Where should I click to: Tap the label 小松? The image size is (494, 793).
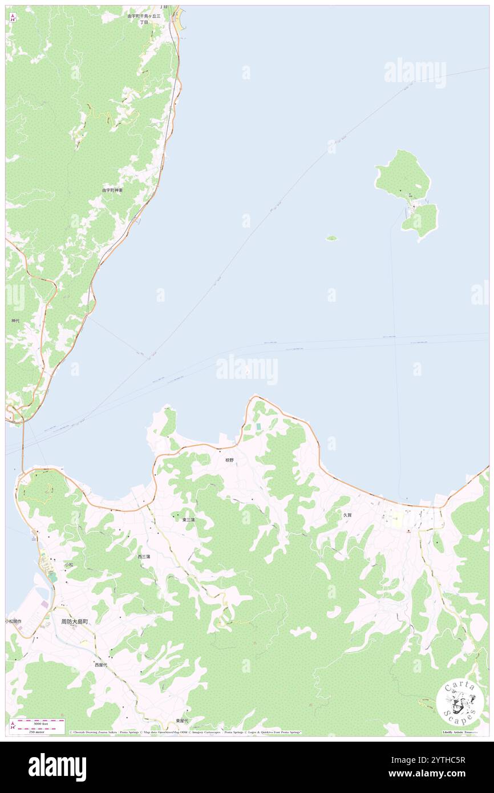[x=68, y=564]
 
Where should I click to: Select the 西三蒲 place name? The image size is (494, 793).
[x=144, y=556]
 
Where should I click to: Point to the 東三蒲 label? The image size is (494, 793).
[x=189, y=520]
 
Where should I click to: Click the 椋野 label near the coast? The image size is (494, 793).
[x=229, y=460]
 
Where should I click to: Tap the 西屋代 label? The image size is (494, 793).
[x=101, y=665]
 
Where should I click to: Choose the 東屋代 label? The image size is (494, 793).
[x=181, y=721]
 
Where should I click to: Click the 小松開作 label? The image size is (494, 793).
[x=14, y=621]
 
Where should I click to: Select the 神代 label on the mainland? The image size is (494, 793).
[x=15, y=321]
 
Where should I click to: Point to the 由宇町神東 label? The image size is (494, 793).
[x=112, y=190]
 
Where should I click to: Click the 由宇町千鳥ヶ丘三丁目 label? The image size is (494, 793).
[x=144, y=19]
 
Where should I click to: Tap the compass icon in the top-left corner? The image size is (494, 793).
[x=13, y=17]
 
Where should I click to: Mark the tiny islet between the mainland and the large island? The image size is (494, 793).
[x=331, y=238]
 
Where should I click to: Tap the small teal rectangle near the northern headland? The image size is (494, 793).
[x=258, y=427]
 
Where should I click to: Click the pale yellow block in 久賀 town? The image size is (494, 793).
[x=395, y=519]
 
